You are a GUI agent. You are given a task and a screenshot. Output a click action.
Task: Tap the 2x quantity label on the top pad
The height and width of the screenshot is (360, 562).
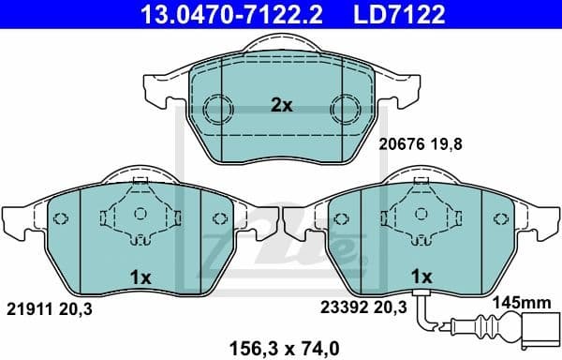point(281,106)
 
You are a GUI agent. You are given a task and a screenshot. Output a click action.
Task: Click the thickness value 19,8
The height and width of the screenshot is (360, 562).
point(449,145)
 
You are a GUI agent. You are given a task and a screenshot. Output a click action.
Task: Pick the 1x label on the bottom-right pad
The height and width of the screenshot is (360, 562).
point(421,277)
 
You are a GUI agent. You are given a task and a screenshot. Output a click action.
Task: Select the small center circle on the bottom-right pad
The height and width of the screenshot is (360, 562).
point(421,216)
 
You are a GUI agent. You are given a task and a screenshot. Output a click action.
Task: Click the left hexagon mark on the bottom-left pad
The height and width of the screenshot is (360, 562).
point(61,220)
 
